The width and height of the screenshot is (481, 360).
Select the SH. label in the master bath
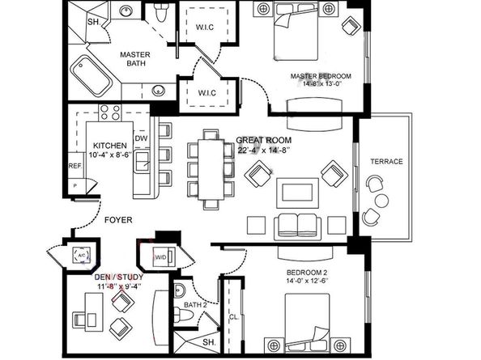pos(93,22)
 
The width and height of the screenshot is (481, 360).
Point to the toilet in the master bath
pos(161,14)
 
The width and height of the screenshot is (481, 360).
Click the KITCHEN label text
pos(106,146)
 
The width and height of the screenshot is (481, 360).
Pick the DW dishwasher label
pos(143,138)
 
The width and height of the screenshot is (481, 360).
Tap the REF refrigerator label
pos(74,166)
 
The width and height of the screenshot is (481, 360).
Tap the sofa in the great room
pos(296,224)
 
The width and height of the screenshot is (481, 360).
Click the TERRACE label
pos(386,161)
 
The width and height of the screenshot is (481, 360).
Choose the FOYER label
pos(119,219)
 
